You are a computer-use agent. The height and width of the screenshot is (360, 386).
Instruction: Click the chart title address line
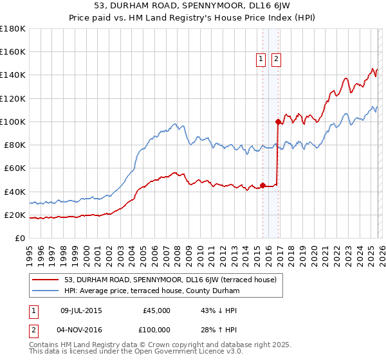(x=192, y=7)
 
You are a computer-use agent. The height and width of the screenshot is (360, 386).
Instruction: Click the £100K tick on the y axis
(x=13, y=122)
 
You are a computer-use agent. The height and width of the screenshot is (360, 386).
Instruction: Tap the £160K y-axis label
(x=13, y=51)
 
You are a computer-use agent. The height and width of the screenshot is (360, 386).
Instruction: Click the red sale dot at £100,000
(x=278, y=122)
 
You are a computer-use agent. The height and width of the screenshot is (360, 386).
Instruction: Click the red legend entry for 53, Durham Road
(x=170, y=280)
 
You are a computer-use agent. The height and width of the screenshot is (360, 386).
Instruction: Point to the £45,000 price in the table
(x=156, y=310)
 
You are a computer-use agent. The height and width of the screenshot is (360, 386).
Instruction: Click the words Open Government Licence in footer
(x=191, y=353)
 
